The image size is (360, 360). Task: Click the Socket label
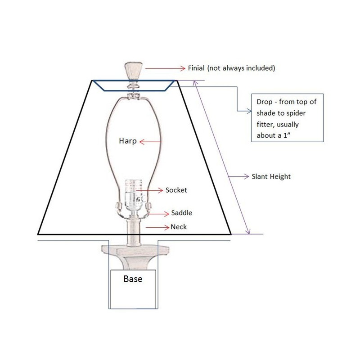[176, 190]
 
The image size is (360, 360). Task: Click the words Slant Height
[270, 176]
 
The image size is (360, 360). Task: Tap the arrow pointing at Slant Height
[237, 176]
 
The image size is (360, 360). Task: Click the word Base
[133, 279]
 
